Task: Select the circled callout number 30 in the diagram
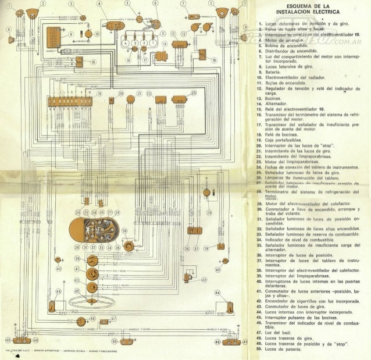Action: (x=125, y=232)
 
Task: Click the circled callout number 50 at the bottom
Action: (x=115, y=341)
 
